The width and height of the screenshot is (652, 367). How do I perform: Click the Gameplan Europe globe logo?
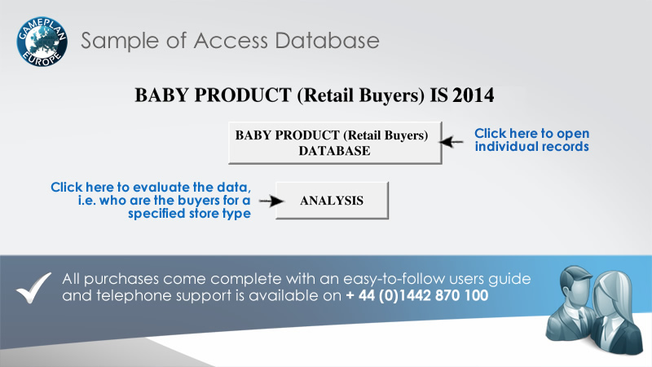42,42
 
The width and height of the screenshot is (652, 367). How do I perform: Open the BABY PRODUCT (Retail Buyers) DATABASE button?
335,143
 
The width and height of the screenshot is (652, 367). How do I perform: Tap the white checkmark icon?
33,288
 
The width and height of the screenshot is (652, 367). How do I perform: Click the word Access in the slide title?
231,41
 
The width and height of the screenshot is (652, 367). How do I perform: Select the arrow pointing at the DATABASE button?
452,142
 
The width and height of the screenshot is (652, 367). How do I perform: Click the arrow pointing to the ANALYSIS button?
271,201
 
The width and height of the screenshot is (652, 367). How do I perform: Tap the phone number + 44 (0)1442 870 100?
417,295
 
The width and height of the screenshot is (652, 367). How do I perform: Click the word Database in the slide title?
327,41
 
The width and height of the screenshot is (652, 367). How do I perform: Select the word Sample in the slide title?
121,42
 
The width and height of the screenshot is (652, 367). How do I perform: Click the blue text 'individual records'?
532,147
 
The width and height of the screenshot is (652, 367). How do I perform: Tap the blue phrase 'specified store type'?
189,214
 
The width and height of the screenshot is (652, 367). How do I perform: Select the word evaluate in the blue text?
161,188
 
